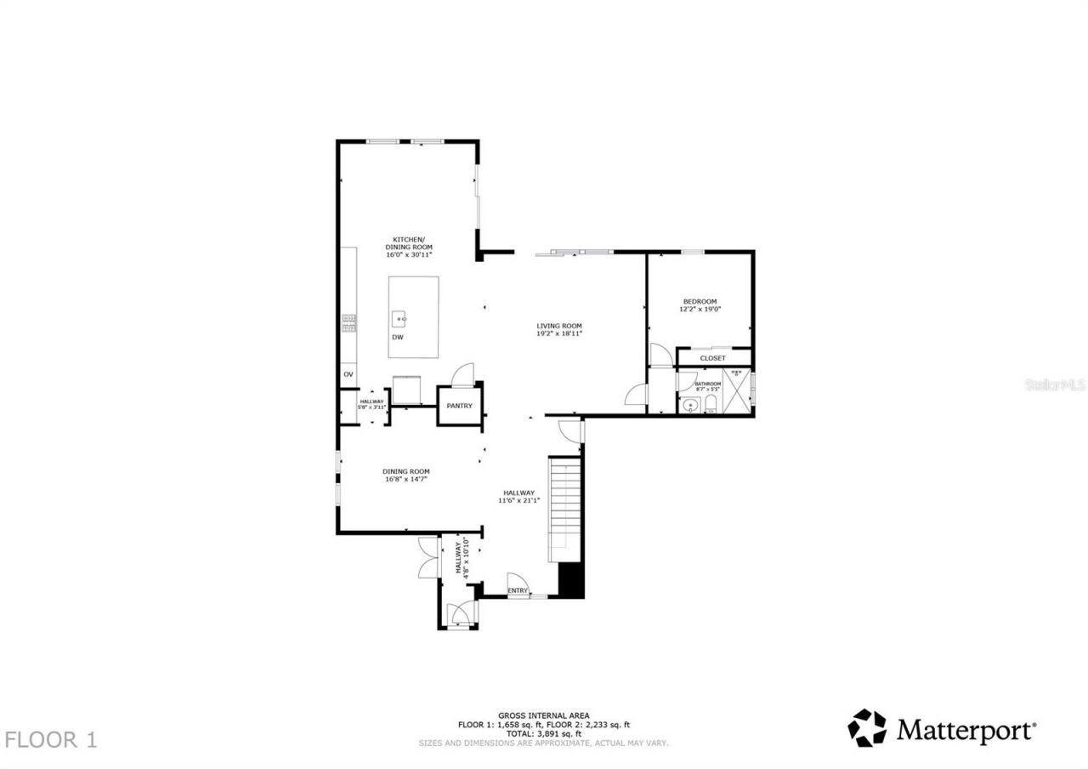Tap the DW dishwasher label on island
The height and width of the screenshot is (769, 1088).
(x=397, y=338)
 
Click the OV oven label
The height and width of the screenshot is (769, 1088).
(x=348, y=374)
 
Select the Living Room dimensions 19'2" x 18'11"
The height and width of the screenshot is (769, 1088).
(x=558, y=333)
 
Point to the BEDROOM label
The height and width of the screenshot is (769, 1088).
(x=700, y=301)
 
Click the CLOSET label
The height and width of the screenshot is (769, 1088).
(x=712, y=358)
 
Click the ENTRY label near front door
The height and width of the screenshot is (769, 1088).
(x=518, y=590)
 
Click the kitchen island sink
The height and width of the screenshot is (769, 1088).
(x=400, y=319)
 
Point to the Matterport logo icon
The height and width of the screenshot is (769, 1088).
(x=866, y=728)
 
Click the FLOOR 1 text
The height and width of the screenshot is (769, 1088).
(x=51, y=739)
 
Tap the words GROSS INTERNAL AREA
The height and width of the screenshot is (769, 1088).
(x=543, y=715)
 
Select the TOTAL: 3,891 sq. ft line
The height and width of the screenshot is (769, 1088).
(x=543, y=733)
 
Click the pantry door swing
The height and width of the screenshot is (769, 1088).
(x=463, y=375)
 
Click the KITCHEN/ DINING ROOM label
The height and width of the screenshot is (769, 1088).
(x=409, y=242)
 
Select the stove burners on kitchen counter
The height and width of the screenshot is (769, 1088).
(x=348, y=322)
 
